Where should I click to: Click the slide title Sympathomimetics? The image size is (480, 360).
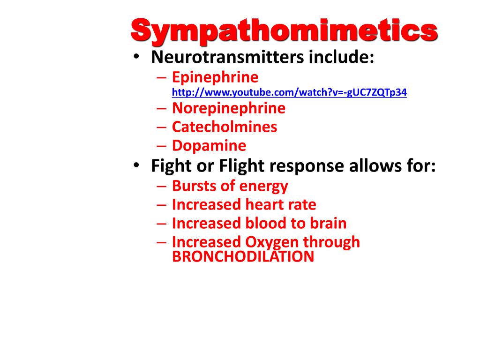(284, 31)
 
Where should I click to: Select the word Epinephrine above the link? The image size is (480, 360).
(215, 77)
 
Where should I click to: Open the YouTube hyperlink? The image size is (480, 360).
(289, 92)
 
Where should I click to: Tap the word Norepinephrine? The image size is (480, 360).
(228, 108)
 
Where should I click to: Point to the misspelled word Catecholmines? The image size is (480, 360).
(224, 127)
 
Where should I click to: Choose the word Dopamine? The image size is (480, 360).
(209, 146)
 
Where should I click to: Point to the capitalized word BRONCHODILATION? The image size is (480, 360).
(243, 256)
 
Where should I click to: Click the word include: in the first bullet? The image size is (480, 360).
(340, 58)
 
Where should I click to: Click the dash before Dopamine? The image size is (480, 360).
(160, 146)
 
